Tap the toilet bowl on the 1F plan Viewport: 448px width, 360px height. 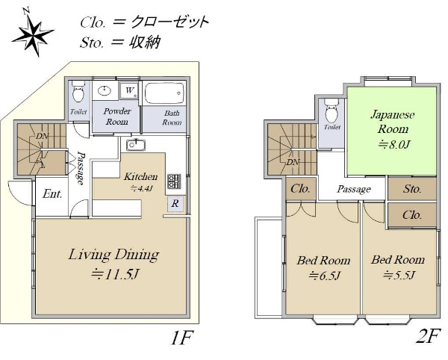click(78, 91)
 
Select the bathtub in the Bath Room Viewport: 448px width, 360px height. click(164, 93)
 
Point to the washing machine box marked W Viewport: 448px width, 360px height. click(129, 90)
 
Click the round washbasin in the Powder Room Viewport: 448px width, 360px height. click(104, 91)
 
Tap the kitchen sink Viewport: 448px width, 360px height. click(136, 145)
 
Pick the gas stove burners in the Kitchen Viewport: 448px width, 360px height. click(174, 181)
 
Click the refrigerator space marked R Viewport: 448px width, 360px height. click(175, 204)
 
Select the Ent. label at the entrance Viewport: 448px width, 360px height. click(52, 194)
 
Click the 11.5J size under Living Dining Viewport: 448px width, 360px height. click(115, 275)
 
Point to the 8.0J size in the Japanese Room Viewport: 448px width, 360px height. click(394, 145)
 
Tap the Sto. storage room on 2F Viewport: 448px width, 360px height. click(411, 188)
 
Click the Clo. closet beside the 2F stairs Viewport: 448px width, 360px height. click(301, 188)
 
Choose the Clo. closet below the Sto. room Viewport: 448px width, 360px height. click(411, 215)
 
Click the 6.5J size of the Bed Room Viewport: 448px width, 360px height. click(325, 276)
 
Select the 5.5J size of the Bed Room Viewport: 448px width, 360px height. click(399, 275)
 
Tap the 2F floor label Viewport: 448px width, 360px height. click(427, 337)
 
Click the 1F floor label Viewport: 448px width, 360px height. click(182, 338)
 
